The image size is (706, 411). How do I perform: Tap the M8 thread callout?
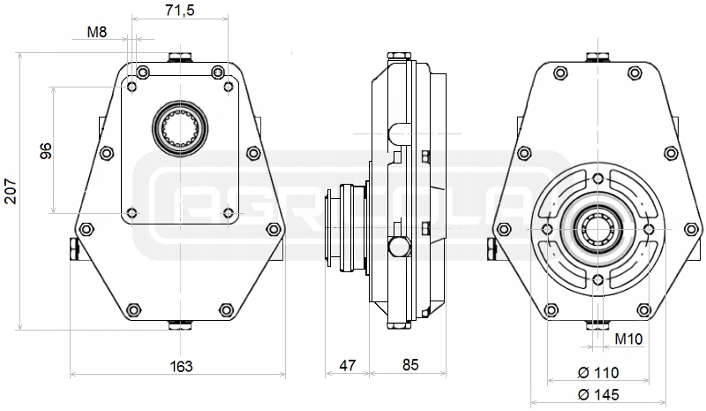point(97,33)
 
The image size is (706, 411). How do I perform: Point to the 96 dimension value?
point(47,150)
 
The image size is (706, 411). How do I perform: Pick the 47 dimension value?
point(347,365)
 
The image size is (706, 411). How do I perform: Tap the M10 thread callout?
point(627,339)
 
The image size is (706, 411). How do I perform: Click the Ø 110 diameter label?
point(598,372)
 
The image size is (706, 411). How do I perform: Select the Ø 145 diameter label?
point(598,393)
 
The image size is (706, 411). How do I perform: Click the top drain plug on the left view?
point(180,59)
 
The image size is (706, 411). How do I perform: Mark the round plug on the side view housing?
point(399,245)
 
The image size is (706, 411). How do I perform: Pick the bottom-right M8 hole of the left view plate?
point(229,212)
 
